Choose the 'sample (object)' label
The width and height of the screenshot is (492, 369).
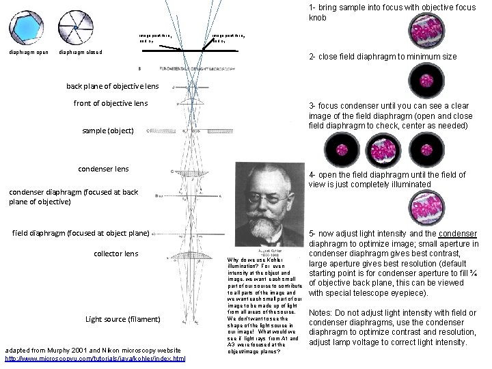click(108, 130)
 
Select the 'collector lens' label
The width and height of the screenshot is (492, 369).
click(116, 254)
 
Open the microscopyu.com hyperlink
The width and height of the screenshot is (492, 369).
click(95, 358)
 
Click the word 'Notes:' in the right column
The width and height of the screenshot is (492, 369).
click(322, 313)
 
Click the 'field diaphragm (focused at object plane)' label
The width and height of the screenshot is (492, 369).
click(81, 233)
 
